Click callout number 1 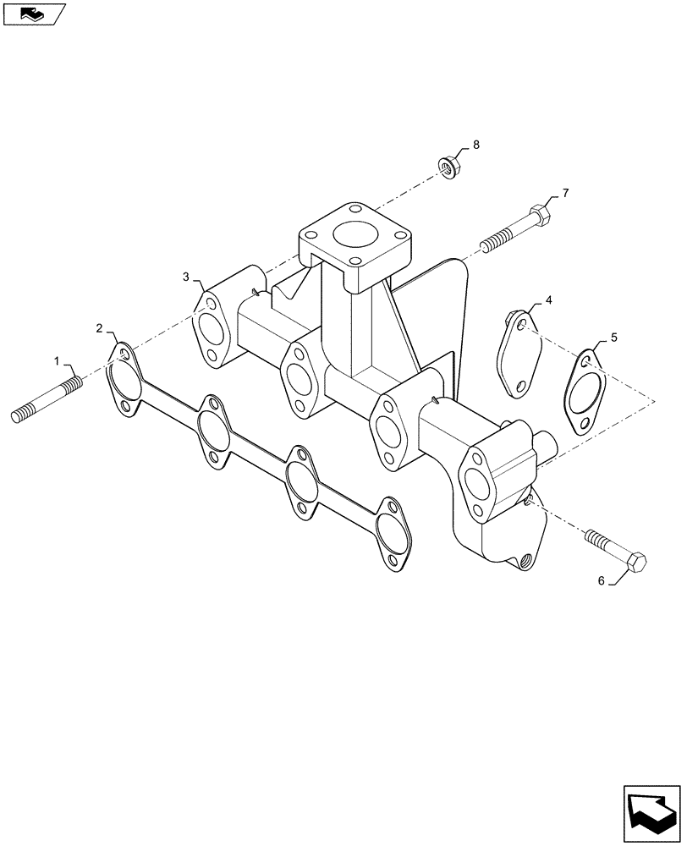58,361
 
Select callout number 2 100,327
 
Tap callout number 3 185,277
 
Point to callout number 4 548,300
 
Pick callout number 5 614,337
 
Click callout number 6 602,580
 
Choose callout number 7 565,194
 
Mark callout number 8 475,146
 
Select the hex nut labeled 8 448,167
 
